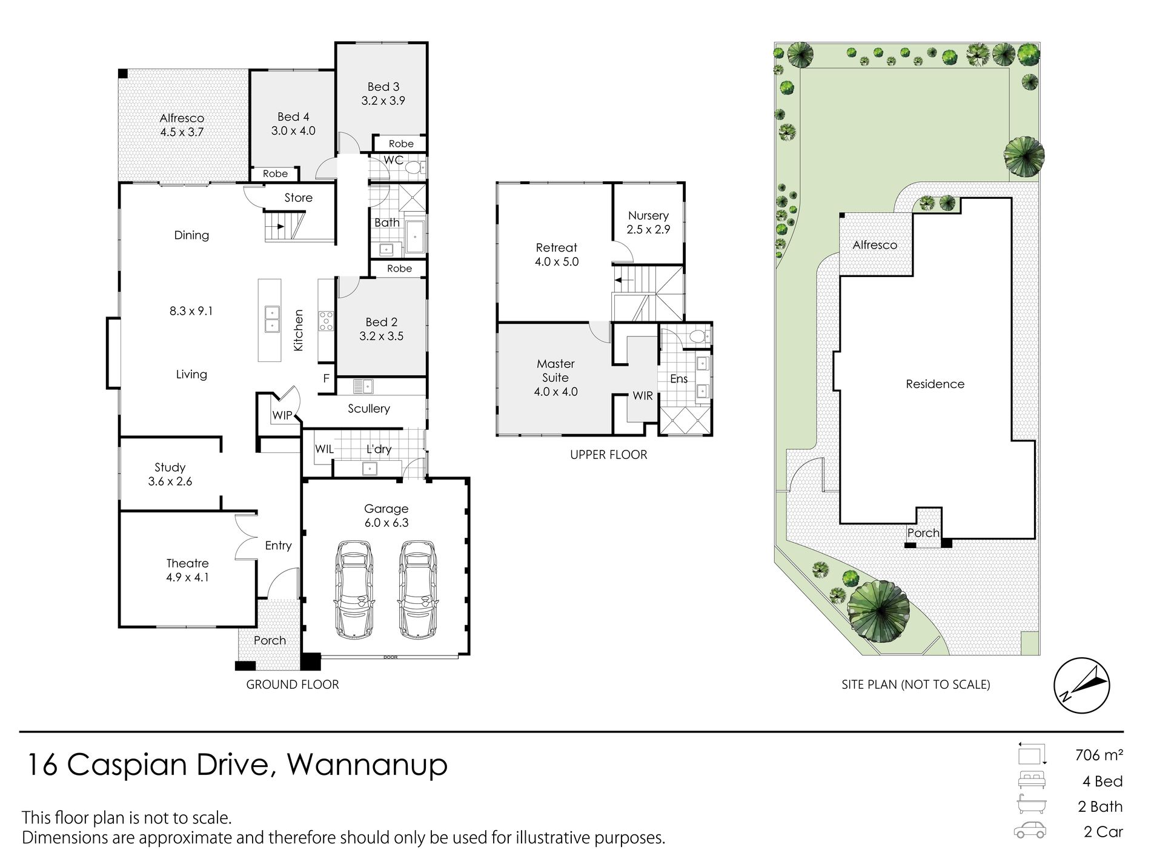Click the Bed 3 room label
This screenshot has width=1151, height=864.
pyautogui.click(x=383, y=87)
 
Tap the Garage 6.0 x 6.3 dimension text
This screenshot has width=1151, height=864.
pyautogui.click(x=386, y=523)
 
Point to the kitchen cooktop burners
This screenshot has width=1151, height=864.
pyautogui.click(x=326, y=320)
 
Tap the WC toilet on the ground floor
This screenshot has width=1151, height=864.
pyautogui.click(x=414, y=167)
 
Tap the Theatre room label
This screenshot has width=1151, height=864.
pyautogui.click(x=188, y=563)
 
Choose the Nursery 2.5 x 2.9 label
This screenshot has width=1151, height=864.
pyautogui.click(x=648, y=223)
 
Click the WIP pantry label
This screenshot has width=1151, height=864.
pyautogui.click(x=282, y=416)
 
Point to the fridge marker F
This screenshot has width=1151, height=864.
pyautogui.click(x=326, y=379)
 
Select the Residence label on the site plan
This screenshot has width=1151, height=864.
pyautogui.click(x=935, y=384)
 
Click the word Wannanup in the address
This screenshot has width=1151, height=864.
pyautogui.click(x=367, y=766)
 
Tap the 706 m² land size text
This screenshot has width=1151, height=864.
pyautogui.click(x=1099, y=755)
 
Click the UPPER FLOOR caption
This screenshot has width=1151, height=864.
pyautogui.click(x=608, y=455)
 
